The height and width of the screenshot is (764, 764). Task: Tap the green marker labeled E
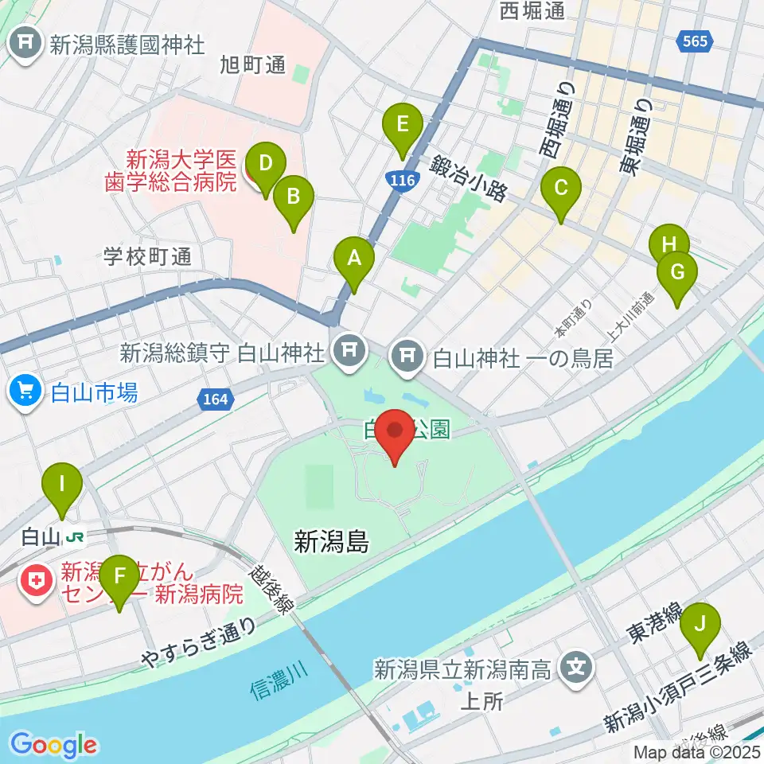click(402, 126)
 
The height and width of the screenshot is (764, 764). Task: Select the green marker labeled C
click(561, 189)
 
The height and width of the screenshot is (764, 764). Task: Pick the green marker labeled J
click(700, 622)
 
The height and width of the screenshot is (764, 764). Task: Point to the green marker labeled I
click(63, 483)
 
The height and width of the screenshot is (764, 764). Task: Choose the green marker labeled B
click(294, 196)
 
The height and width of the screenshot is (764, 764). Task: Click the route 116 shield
click(403, 181)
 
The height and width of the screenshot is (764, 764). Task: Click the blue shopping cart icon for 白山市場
click(25, 390)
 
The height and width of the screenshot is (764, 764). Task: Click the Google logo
click(53, 745)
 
